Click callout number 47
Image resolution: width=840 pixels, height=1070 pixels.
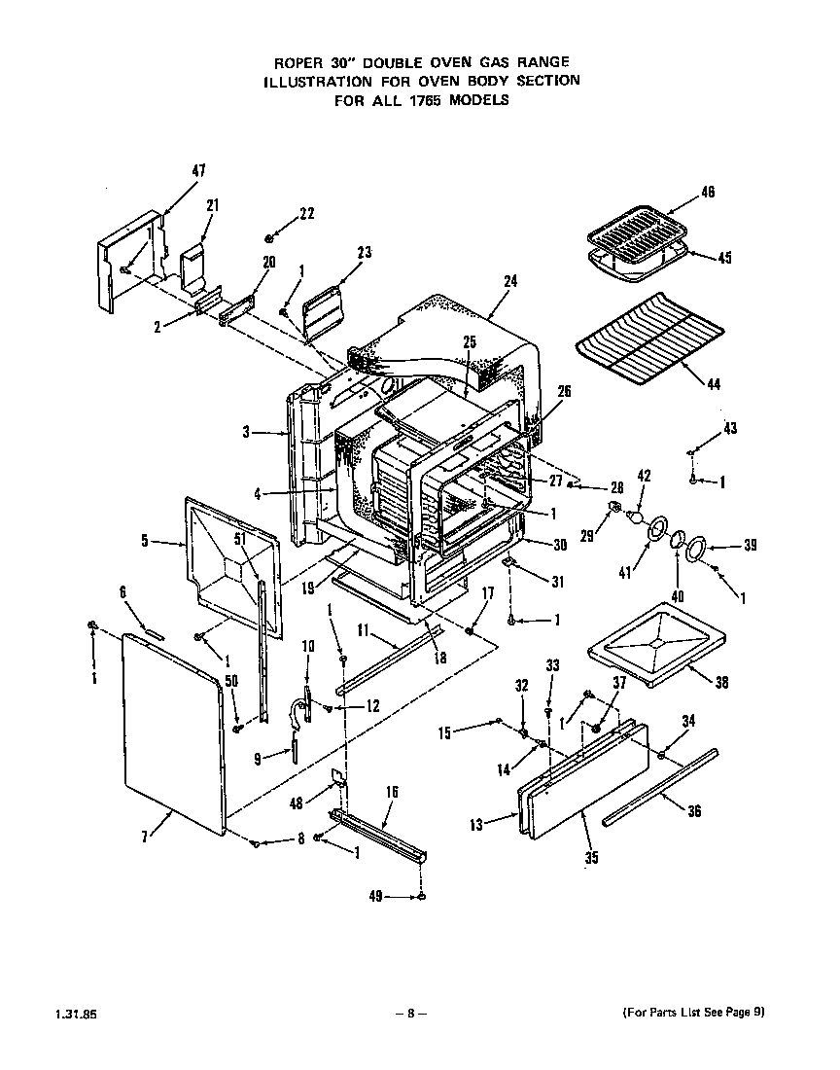pos(198,171)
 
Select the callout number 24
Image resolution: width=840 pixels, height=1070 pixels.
pos(510,281)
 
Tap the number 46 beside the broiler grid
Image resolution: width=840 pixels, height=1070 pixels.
pos(708,194)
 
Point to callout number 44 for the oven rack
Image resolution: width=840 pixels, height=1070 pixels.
pos(714,384)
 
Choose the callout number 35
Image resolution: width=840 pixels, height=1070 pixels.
pos(592,858)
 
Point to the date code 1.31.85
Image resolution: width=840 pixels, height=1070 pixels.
pos(83,1014)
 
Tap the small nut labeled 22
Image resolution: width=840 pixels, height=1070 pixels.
pos(271,237)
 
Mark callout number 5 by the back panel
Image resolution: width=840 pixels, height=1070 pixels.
pos(144,541)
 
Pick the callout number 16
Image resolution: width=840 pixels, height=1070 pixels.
pos(392,793)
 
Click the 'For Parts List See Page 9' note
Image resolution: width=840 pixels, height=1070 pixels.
pos(693,1012)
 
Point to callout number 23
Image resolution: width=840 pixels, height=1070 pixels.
pos(364,253)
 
